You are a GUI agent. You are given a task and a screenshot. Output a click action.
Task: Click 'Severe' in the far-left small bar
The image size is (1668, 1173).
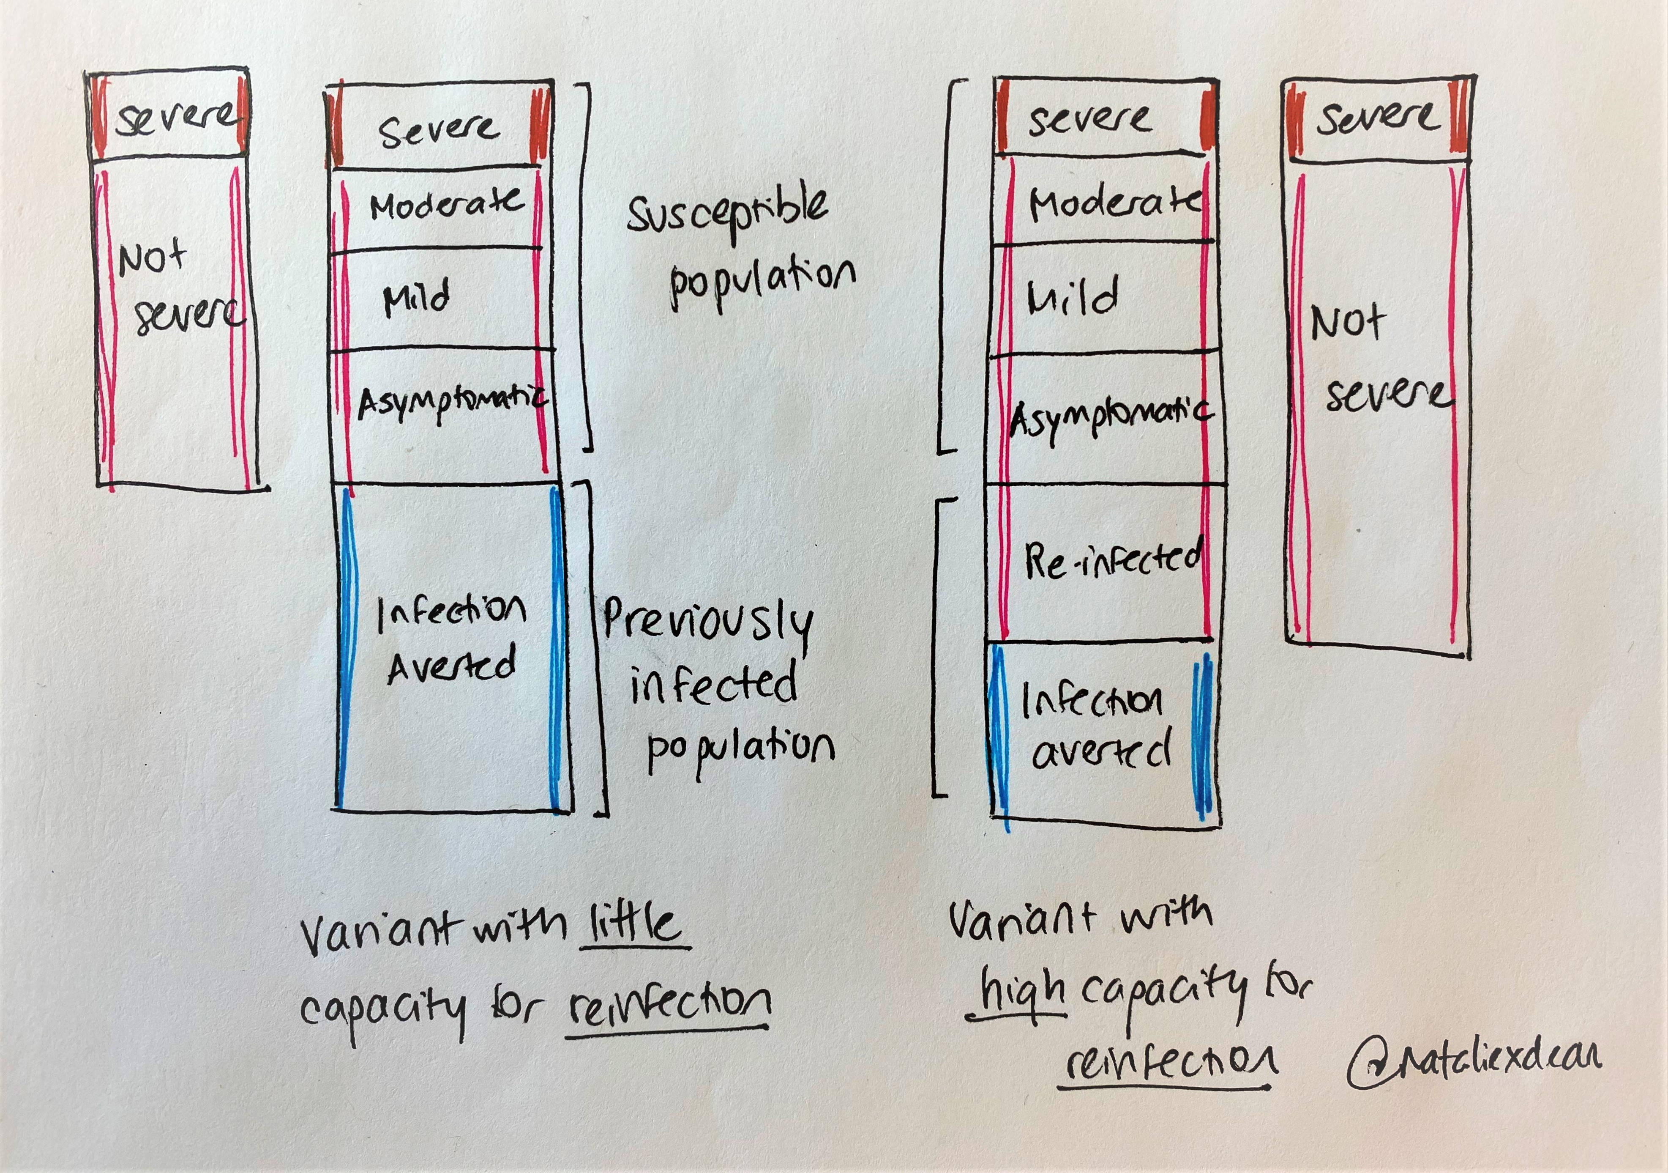click(175, 118)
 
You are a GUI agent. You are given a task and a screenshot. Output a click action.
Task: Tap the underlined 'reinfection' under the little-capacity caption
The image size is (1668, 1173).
click(669, 1004)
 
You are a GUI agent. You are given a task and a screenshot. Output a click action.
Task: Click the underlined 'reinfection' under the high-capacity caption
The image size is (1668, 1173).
click(1170, 1063)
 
